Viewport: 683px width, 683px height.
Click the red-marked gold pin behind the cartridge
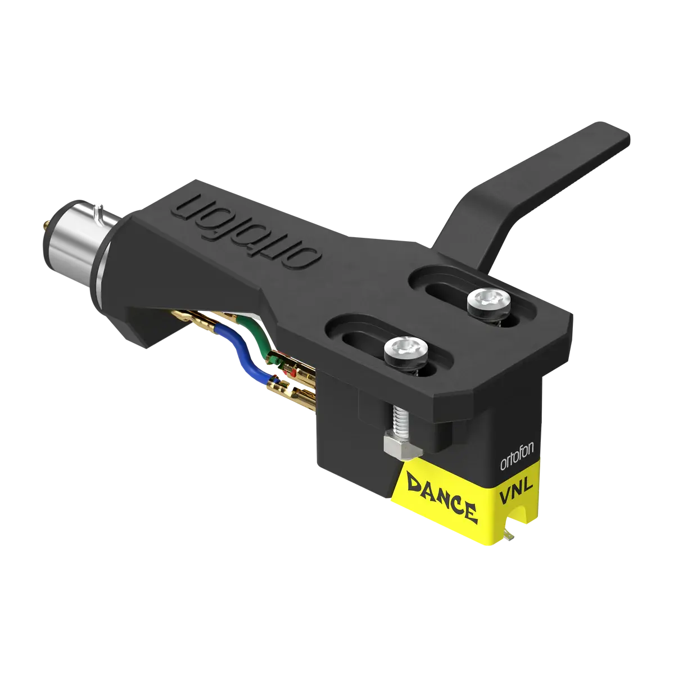point(290,373)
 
